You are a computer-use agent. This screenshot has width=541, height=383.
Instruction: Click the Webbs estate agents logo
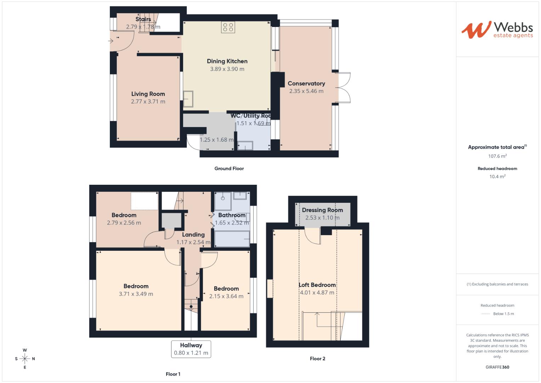(497, 30)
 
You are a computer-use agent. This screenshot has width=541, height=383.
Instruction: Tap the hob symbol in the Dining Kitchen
(228, 27)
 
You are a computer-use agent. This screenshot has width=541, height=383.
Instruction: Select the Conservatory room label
(306, 83)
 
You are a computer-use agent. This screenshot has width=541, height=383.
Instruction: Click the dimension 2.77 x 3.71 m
(148, 101)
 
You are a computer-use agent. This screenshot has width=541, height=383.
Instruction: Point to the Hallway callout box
(191, 349)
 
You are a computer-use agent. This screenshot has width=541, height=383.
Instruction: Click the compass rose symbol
(25, 359)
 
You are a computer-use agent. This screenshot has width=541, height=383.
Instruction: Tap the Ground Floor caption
(229, 168)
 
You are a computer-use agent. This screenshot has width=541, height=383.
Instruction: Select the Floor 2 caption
(317, 359)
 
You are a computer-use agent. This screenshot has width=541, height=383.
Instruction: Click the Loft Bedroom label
(317, 285)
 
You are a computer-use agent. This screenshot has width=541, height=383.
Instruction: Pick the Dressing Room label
(322, 210)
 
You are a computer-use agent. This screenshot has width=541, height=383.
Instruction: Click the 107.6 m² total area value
(497, 156)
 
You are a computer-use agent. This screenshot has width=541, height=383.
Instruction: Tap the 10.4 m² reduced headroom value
(497, 176)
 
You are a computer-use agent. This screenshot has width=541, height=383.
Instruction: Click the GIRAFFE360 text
(497, 367)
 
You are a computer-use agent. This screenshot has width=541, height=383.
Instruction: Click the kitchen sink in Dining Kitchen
(188, 99)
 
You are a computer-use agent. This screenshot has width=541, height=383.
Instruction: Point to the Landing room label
(193, 234)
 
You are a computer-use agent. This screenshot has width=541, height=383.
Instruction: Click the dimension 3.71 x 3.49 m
(136, 294)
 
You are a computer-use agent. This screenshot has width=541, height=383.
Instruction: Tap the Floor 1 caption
(173, 374)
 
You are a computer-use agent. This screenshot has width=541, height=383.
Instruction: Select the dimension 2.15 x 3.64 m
(226, 296)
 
